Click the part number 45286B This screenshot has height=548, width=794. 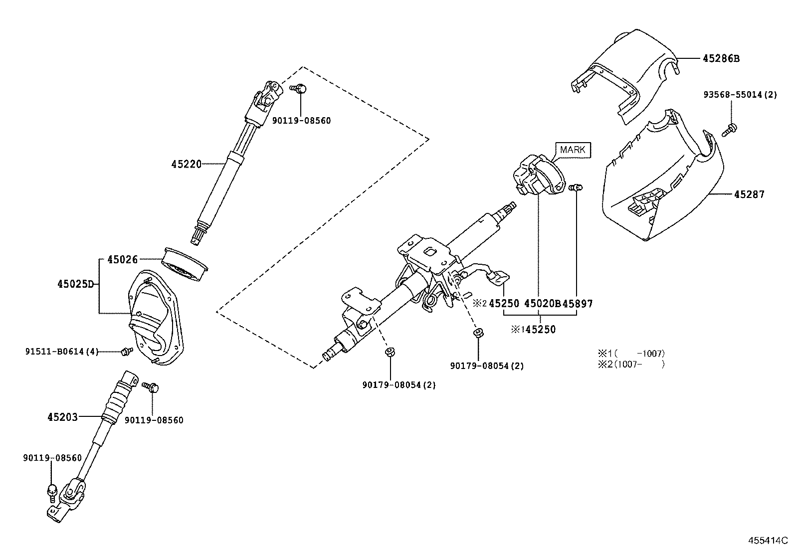pos(721,58)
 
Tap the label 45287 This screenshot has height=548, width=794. pos(749,194)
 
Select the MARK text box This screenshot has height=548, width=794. pos(573,150)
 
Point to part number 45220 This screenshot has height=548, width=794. pos(186,164)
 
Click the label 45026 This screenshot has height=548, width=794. pos(122,260)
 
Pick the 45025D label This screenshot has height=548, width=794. pos(76,284)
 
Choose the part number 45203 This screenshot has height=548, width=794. pos(62,417)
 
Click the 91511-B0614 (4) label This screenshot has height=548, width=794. pos(62,352)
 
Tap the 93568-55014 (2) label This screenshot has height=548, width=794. pos(740,95)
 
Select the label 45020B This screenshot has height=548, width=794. pos(542,304)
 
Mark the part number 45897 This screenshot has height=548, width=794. pos(578,304)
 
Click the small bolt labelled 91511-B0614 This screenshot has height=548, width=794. pos(127,351)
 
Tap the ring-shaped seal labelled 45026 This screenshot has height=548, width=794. pos(185,264)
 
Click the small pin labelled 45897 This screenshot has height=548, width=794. pos(576,187)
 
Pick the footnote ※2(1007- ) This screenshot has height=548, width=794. pos(631,365)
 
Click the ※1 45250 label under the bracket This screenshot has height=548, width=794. pos(534,330)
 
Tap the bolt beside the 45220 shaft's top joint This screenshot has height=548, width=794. pos(298,88)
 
